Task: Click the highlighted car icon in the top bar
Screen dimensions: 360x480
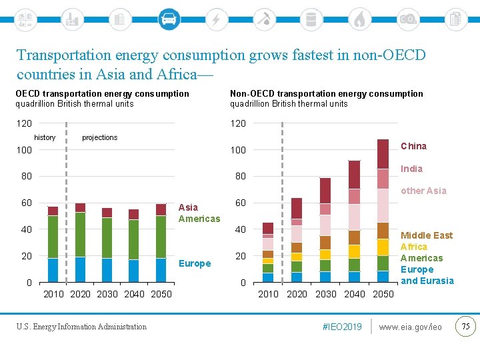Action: click(x=169, y=19)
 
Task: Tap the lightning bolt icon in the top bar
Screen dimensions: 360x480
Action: click(x=215, y=19)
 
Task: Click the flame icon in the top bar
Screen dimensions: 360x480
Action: click(x=359, y=19)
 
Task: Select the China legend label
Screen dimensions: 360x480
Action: click(x=413, y=146)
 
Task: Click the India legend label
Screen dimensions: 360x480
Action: click(x=411, y=169)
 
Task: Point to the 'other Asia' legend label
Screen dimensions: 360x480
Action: click(x=423, y=191)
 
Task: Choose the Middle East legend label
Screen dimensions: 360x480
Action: click(x=426, y=235)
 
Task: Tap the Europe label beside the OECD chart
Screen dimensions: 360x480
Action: click(x=195, y=263)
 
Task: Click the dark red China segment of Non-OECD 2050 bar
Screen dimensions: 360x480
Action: click(x=383, y=153)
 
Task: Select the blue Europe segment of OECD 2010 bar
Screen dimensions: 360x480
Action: click(x=53, y=270)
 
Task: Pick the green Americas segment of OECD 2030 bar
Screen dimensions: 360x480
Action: click(x=107, y=237)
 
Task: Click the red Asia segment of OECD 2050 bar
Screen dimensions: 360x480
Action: click(x=161, y=209)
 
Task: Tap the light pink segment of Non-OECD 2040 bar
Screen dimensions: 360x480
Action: click(x=354, y=217)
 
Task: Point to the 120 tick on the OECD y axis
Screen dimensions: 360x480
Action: click(x=24, y=123)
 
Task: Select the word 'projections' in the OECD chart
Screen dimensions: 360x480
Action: click(x=99, y=137)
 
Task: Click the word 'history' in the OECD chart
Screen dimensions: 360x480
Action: click(x=45, y=137)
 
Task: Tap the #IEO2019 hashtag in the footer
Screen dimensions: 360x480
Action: click(x=342, y=327)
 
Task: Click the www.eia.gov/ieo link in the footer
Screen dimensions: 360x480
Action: click(x=410, y=327)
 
